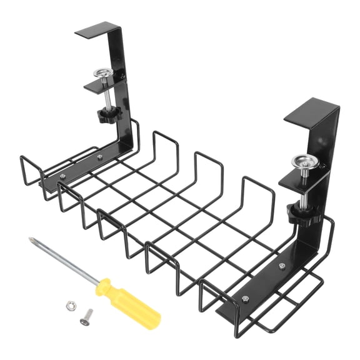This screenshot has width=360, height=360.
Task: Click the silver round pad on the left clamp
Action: (102, 74)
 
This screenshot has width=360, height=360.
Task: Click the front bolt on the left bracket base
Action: (62, 177)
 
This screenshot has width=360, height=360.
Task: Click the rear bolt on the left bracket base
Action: (99, 157)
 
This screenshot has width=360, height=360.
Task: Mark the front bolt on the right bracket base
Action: (245, 298)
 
